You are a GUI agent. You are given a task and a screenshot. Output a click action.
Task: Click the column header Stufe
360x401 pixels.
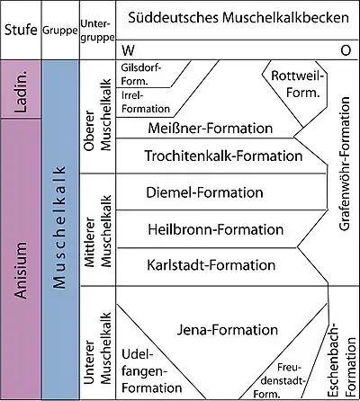click(x=21, y=30)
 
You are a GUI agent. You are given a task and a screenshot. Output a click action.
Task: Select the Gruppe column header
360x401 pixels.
click(x=60, y=31)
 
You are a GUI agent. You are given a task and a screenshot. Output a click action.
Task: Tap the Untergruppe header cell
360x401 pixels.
click(x=97, y=31)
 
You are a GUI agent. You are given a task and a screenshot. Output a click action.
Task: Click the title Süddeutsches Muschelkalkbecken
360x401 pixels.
click(x=238, y=18)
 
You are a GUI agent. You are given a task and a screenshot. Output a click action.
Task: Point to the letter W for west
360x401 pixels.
click(x=128, y=50)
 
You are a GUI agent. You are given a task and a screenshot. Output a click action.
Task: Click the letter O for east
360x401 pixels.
click(x=346, y=50)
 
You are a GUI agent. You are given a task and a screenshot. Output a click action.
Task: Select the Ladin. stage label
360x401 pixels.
click(x=21, y=91)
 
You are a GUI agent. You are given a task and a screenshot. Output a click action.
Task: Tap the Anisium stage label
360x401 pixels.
click(x=21, y=271)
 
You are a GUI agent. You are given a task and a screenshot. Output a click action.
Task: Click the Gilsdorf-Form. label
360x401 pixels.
click(x=141, y=75)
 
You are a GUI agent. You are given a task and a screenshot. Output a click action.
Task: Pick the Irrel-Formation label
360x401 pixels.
click(x=146, y=102)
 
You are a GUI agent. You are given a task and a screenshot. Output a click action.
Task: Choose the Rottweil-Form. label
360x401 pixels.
click(x=298, y=84)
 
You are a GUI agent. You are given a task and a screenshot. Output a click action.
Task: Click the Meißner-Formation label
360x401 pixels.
click(x=211, y=129)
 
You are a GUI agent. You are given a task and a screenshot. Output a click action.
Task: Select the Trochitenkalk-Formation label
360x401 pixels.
click(x=223, y=156)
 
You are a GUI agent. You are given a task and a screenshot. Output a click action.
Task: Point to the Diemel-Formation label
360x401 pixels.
click(x=204, y=192)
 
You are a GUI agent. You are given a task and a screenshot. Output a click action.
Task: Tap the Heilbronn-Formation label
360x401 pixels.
click(x=216, y=229)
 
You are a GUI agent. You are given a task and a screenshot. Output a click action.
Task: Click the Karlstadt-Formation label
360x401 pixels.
click(x=211, y=265)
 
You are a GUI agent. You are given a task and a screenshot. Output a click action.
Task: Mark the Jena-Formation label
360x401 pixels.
click(x=228, y=330)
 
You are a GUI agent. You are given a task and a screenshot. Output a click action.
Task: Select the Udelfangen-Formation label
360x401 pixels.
click(x=151, y=371)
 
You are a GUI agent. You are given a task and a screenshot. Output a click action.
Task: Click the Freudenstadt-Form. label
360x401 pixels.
click(x=280, y=380)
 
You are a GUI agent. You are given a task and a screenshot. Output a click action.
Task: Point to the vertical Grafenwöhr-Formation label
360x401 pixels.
click(x=345, y=164)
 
